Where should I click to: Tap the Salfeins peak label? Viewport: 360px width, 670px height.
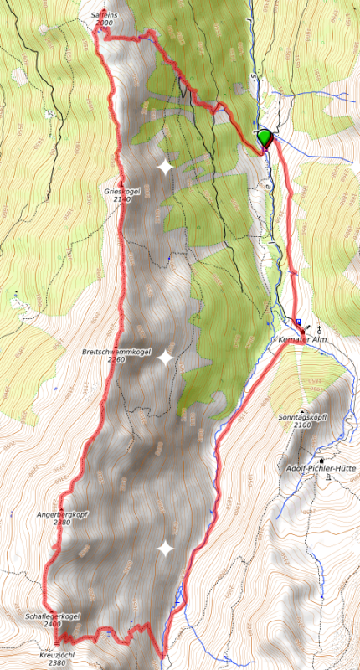pos(103,16)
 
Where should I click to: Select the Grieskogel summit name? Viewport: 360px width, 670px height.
pos(122,191)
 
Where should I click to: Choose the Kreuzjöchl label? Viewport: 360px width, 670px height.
pos(57,654)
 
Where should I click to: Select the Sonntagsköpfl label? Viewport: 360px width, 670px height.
pos(301,416)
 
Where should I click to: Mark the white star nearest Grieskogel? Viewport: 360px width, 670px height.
pos(165,167)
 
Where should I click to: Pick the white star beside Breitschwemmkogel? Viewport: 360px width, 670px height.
pos(166,358)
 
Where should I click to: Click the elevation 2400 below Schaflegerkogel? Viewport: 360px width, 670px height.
pos(52,624)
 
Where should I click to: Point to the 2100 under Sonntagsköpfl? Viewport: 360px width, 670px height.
pos(301,425)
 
